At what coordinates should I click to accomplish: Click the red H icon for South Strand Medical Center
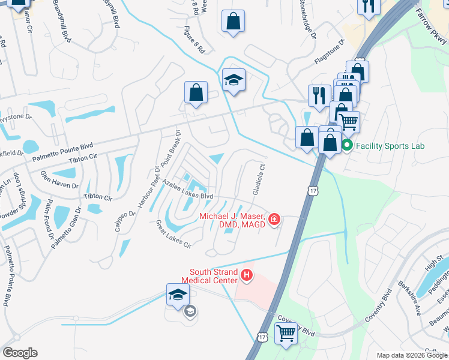(246, 276)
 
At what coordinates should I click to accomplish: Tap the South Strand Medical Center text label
(214, 276)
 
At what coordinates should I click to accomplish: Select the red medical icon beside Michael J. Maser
(274, 220)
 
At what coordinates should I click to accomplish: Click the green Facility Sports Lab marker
(346, 145)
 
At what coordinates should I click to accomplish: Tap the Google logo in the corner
(20, 353)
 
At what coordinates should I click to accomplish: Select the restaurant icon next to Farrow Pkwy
(367, 6)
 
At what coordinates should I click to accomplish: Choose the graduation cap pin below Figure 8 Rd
(234, 80)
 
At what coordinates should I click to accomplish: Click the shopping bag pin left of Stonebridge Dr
(233, 22)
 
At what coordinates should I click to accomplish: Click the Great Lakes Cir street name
(173, 235)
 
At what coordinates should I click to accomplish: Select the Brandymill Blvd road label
(62, 21)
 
